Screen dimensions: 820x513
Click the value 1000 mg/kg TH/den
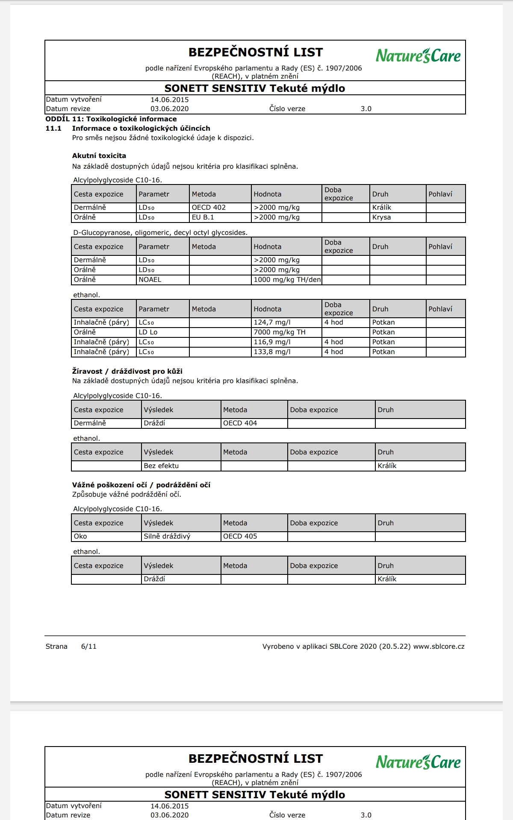287,280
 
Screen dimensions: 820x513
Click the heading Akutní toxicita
99,156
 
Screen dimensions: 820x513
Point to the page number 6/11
89,647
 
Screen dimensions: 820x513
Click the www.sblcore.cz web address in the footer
439,647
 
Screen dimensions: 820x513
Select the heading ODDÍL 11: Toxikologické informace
111,119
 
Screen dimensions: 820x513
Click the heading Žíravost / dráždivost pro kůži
127,372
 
